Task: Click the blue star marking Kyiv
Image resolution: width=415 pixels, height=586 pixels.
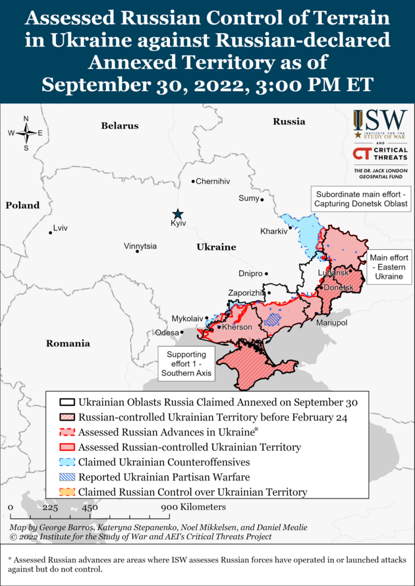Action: click(x=177, y=214)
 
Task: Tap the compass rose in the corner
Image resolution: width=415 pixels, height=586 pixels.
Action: click(x=26, y=133)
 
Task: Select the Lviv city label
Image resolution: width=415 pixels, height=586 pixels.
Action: click(x=60, y=228)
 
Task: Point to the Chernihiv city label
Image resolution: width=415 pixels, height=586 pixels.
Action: click(x=213, y=181)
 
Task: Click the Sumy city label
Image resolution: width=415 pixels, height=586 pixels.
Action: click(x=248, y=198)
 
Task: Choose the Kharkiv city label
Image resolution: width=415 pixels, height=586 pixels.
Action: click(x=273, y=231)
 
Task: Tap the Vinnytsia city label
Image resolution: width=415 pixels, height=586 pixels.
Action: click(x=140, y=246)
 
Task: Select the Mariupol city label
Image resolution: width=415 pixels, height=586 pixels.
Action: click(x=331, y=324)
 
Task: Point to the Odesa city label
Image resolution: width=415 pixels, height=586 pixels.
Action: click(x=166, y=333)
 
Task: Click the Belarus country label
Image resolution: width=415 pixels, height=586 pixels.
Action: click(x=120, y=125)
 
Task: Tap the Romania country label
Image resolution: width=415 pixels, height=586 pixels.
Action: click(x=68, y=343)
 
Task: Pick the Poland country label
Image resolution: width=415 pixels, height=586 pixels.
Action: click(x=23, y=206)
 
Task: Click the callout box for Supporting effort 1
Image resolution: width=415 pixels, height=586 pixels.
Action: click(x=187, y=363)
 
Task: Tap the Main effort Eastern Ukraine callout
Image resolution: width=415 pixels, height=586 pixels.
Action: click(x=389, y=267)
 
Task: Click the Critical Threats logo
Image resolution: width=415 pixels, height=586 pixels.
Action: click(x=380, y=154)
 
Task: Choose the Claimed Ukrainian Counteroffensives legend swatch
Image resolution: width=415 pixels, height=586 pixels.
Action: click(x=67, y=461)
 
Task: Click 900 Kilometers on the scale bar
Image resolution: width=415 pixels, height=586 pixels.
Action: click(x=194, y=507)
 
